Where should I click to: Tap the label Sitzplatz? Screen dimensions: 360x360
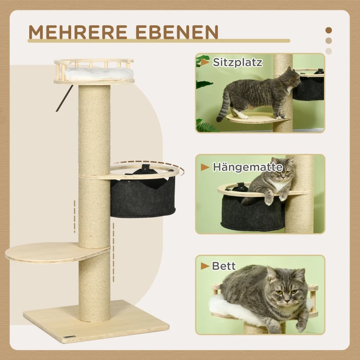tap(237, 63)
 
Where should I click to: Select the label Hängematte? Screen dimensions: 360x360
tap(247, 167)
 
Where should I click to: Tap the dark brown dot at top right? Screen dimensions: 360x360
tap(328, 31)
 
